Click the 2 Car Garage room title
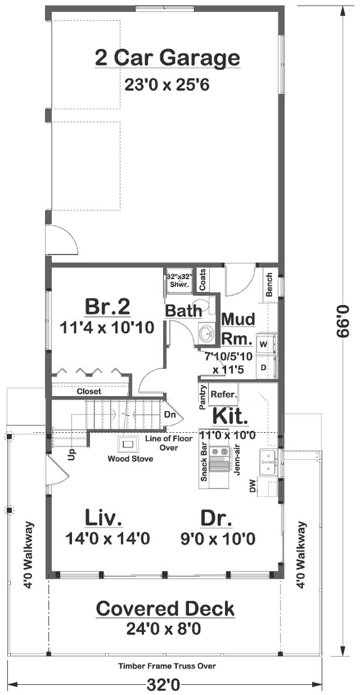167,58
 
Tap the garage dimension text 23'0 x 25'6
167,84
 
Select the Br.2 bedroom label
107,307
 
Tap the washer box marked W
263,344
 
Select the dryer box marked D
263,366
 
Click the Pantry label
203,397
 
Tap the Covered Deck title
166,609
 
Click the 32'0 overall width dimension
166,684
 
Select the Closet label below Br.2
89,391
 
